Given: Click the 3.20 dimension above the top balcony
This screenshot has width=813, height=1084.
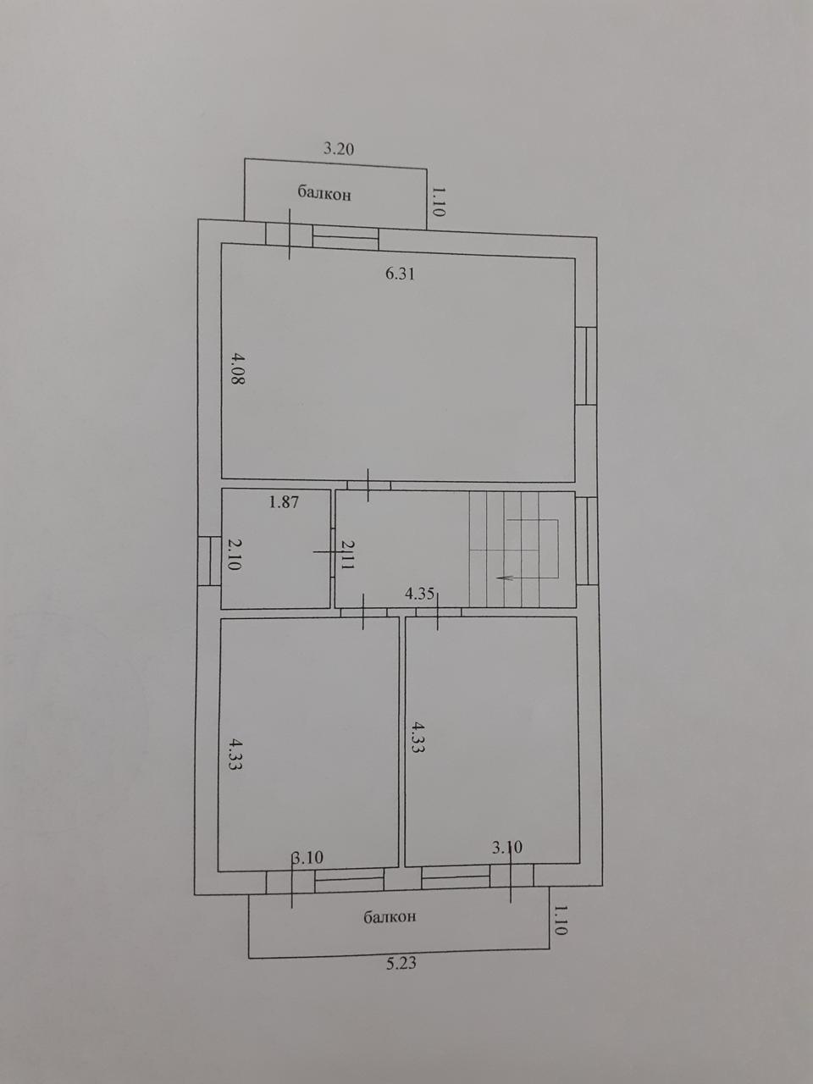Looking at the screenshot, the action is click(x=339, y=148).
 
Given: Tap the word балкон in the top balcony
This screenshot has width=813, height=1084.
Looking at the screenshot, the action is click(x=324, y=193).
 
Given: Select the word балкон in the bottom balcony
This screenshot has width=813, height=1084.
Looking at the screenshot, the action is click(x=390, y=972).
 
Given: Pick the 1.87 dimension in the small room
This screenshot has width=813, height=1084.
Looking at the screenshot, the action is click(x=284, y=502).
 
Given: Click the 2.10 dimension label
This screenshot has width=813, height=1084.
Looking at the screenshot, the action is click(x=234, y=555).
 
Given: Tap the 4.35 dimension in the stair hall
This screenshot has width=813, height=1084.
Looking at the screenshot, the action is click(x=419, y=594).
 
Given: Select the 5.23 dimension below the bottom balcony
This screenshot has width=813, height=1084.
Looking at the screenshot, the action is click(x=401, y=1020).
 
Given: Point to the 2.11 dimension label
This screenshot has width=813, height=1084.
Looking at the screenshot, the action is click(x=347, y=554).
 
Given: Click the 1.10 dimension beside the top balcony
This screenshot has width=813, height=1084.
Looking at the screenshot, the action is click(x=439, y=201).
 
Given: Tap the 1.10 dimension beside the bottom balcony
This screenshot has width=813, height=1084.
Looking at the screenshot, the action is click(x=561, y=976).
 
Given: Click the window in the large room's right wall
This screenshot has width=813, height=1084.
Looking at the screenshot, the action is click(x=586, y=366).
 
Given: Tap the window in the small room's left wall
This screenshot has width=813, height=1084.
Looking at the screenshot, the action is click(x=209, y=561).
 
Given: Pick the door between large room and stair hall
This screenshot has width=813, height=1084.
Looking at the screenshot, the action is click(x=368, y=485).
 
